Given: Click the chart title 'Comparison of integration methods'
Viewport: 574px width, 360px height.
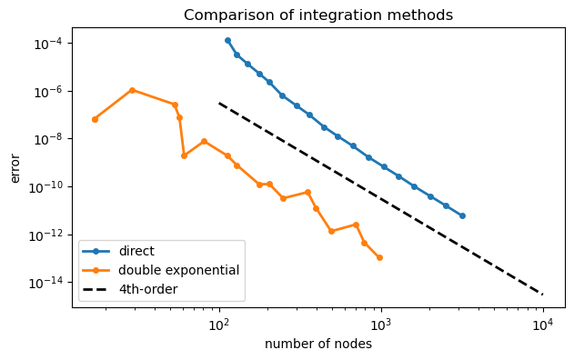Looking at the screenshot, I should coord(318,15).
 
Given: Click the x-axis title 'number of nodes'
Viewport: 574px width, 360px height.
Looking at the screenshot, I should coord(318,345).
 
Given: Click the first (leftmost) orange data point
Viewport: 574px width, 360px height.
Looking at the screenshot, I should coord(95,119).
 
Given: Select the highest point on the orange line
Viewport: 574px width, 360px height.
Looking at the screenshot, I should coord(132,90).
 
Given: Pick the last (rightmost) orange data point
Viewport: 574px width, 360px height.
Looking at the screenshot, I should coord(379,258).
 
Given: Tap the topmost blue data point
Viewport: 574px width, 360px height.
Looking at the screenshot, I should coord(227,40).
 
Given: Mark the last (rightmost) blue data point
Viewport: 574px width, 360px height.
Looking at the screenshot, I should coord(462,215).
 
